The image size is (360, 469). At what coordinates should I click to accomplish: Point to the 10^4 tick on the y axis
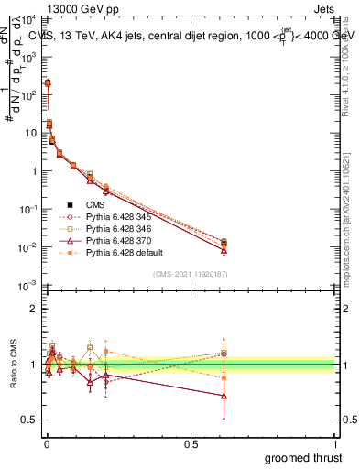tap(28, 18)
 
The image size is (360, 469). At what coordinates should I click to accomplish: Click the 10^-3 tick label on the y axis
tap(28, 286)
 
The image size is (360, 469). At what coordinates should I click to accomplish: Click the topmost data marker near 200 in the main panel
tap(48, 83)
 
